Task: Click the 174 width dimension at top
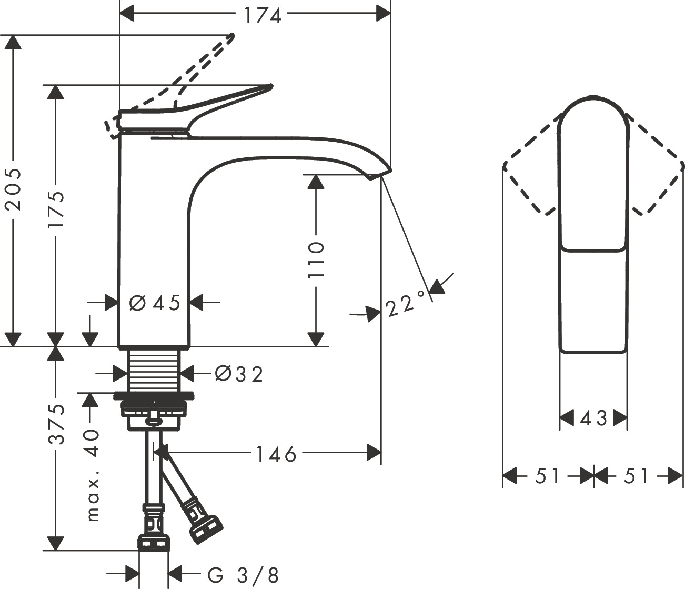tap(263, 15)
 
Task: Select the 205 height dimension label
tap(13, 189)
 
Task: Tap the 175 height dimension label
tap(56, 209)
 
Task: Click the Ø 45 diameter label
tap(154, 303)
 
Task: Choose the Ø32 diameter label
tap(239, 374)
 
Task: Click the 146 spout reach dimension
tap(276, 453)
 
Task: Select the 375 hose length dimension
tap(56, 424)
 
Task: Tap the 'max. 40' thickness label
tap(93, 474)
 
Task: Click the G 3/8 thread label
tap(243, 575)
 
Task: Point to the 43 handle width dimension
tap(593, 419)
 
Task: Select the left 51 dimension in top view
tap(548, 476)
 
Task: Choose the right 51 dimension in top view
tap(637, 476)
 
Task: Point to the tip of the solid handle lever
tap(269, 86)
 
